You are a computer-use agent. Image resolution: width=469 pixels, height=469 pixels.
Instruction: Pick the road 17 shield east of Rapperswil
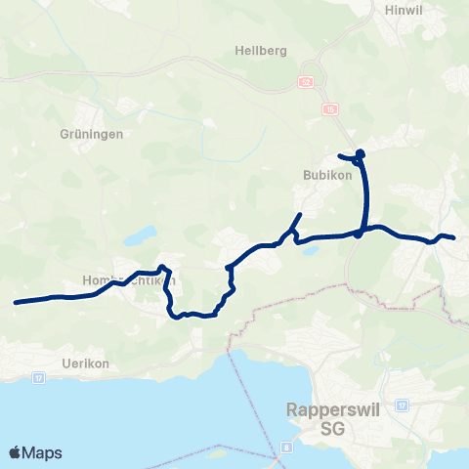coord(401,405)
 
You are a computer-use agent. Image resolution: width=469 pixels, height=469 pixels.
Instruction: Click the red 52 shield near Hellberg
coord(307,82)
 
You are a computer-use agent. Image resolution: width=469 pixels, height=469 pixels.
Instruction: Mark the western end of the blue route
coord(16,303)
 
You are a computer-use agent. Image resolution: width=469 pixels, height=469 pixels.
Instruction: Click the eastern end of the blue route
coord(453,237)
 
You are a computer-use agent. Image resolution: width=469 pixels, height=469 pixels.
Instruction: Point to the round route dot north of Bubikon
coord(360,153)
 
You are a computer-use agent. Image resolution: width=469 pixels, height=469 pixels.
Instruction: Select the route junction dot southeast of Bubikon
coord(358,234)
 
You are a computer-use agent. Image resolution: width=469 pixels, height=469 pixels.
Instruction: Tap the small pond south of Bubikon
coord(310,250)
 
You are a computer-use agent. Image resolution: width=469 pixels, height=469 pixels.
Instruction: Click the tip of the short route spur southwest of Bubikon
coord(300,214)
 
